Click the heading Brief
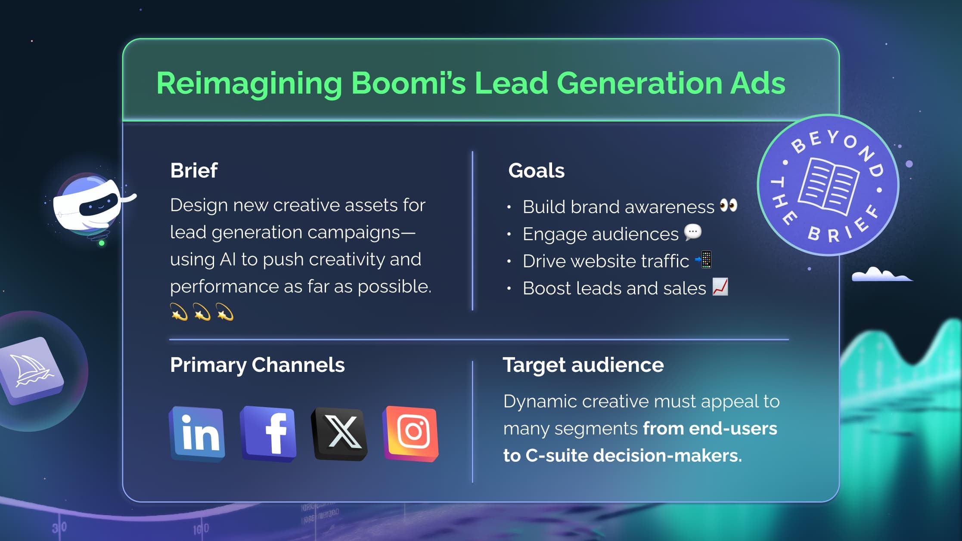[x=194, y=170]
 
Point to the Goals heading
[x=536, y=170]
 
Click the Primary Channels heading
[x=257, y=365]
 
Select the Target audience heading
[x=583, y=365]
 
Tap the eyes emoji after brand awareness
[x=729, y=205]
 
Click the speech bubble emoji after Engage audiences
[x=693, y=232]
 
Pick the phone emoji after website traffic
[x=704, y=260]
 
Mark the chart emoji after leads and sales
[x=720, y=287]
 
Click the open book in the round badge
[x=828, y=186]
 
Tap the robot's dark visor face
[x=99, y=205]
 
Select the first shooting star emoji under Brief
[x=179, y=312]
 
